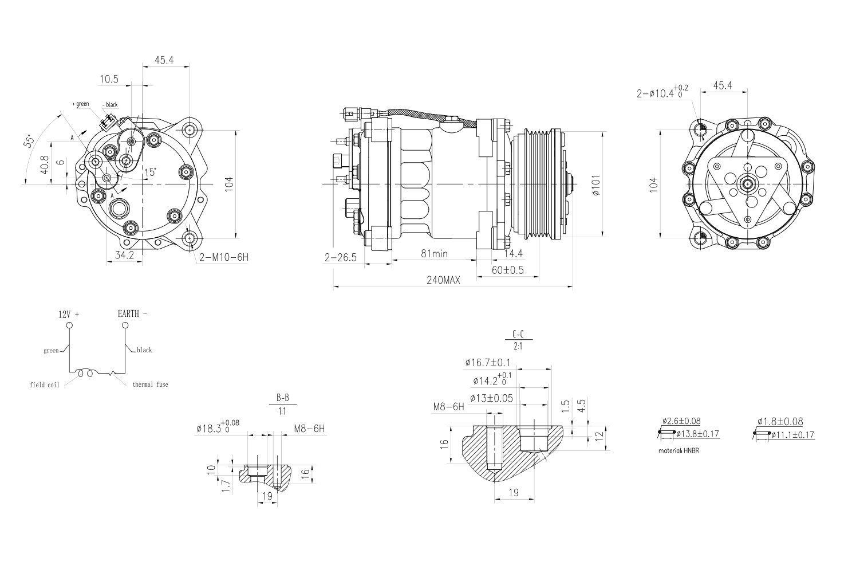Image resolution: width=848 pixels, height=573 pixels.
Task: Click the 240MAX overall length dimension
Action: click(x=443, y=280)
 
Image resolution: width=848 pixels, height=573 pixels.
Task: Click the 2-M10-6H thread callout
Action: click(x=224, y=257)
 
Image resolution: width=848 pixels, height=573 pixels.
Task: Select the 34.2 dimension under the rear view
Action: click(x=124, y=256)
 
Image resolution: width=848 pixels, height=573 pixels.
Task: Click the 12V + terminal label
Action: click(x=69, y=315)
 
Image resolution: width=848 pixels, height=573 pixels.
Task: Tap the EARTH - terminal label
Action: click(x=132, y=314)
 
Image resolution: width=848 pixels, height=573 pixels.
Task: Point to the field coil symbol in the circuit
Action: click(x=86, y=373)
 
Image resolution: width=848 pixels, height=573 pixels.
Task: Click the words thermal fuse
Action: click(x=150, y=384)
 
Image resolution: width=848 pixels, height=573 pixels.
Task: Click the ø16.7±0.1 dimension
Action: click(x=487, y=363)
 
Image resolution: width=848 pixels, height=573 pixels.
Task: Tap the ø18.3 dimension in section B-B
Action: click(x=217, y=427)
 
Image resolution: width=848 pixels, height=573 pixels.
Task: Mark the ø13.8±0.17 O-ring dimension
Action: click(x=697, y=434)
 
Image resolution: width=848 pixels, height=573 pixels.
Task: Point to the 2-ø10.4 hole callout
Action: click(x=662, y=92)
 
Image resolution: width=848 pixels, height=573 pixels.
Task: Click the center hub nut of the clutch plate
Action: click(x=747, y=184)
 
